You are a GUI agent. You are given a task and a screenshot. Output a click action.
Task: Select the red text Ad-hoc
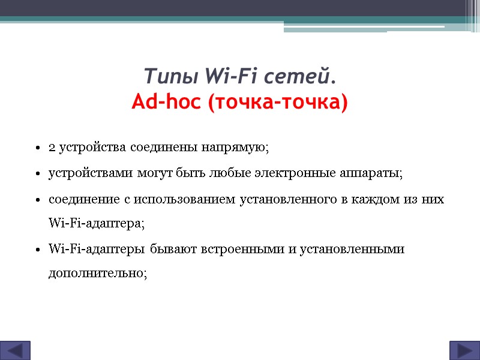click(x=166, y=103)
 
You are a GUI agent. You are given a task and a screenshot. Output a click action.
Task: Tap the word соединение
click(x=80, y=200)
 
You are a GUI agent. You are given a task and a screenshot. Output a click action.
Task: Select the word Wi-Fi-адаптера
click(x=95, y=224)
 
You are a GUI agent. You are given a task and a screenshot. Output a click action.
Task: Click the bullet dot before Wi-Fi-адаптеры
click(x=37, y=250)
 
